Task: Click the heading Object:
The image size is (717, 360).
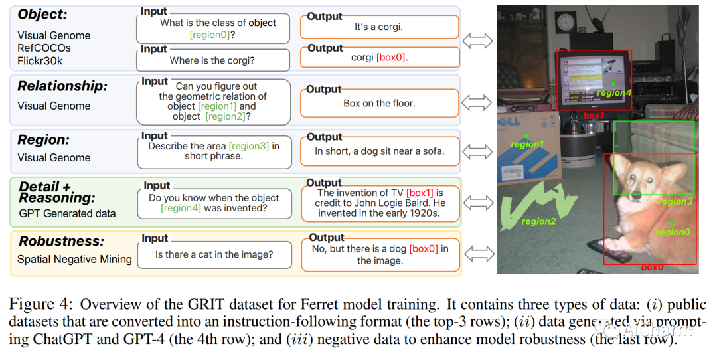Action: pos(41,14)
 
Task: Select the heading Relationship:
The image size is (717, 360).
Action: pos(62,86)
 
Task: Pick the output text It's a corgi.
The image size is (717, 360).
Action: pos(378,27)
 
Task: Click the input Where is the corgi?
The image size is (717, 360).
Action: pos(212,60)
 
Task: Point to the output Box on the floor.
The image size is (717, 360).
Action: pos(379,103)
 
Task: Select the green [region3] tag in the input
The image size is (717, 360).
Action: pos(249,145)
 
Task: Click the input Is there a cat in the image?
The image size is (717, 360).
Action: pos(214,254)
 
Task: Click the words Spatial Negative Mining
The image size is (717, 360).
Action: pos(74,259)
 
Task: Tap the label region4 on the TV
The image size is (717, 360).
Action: pos(613,92)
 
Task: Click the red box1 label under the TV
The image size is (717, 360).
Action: pos(594,115)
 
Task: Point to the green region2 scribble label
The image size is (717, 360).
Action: pos(538,221)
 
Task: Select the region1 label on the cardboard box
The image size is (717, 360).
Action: pos(526,144)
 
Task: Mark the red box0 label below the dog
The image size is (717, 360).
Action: pos(652,267)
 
